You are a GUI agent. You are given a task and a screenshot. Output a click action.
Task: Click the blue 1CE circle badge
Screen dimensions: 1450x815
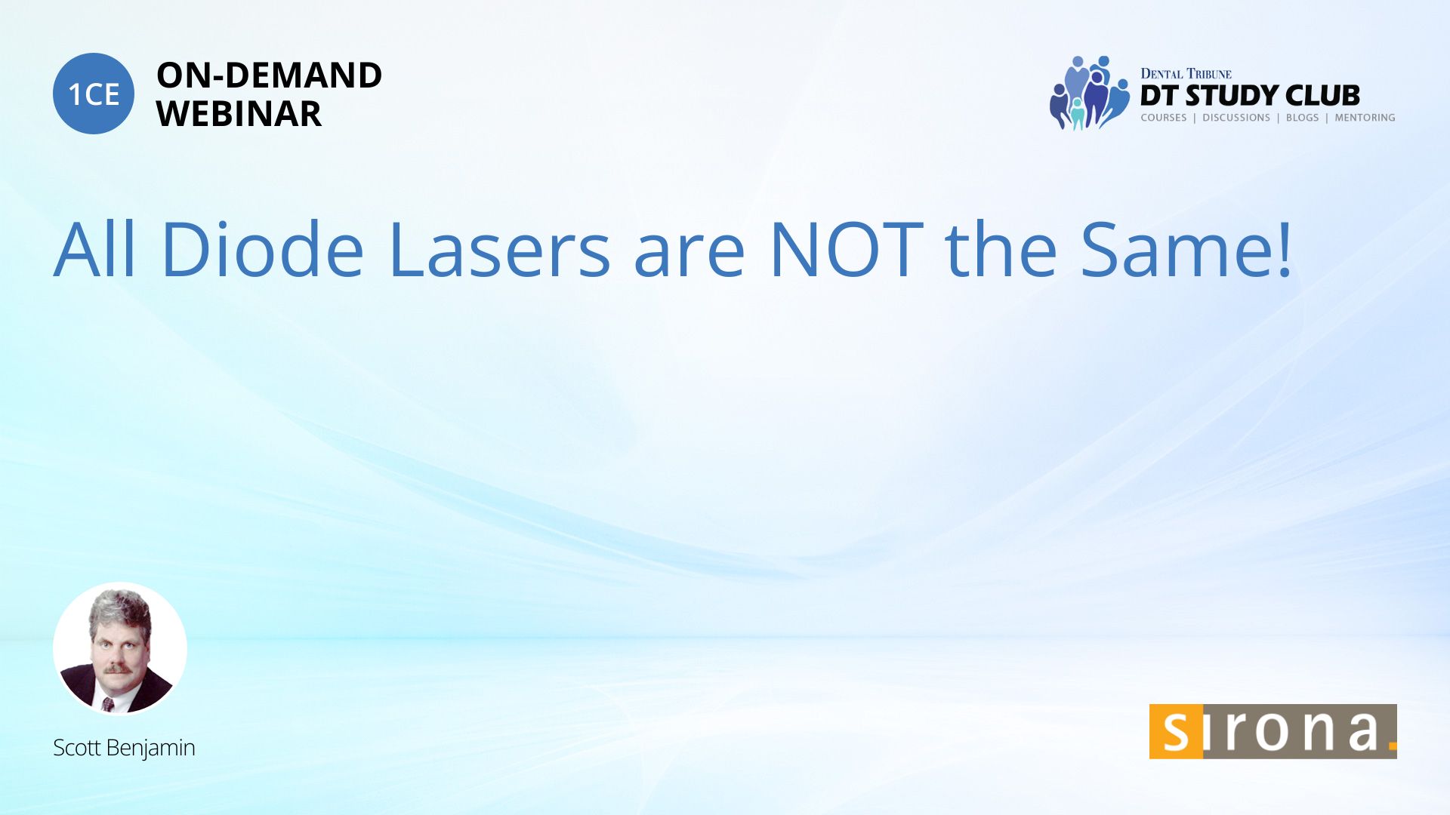pyautogui.click(x=94, y=94)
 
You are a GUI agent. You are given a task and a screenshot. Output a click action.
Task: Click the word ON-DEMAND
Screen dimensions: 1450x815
pyautogui.click(x=269, y=75)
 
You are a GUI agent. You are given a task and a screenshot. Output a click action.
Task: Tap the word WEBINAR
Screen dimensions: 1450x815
pyautogui.click(x=239, y=114)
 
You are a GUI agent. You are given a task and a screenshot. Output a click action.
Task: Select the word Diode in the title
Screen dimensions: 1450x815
pyautogui.click(x=263, y=249)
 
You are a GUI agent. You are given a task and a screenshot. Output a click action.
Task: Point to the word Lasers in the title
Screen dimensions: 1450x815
pyautogui.click(x=499, y=249)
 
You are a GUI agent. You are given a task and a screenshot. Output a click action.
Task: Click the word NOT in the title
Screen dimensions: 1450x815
pyautogui.click(x=847, y=249)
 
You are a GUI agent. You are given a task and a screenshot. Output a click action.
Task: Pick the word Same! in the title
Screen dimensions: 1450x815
pyautogui.click(x=1186, y=249)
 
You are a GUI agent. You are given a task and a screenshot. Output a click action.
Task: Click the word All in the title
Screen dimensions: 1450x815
pyautogui.click(x=95, y=249)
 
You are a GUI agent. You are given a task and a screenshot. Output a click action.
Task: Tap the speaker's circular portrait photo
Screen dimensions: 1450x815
pyautogui.click(x=120, y=648)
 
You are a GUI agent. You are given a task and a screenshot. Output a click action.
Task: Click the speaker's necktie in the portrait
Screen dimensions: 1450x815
pyautogui.click(x=108, y=704)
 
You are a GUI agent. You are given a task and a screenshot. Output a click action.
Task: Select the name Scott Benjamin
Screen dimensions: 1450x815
pyautogui.click(x=124, y=748)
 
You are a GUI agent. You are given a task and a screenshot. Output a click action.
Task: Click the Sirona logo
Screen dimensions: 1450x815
pyautogui.click(x=1273, y=731)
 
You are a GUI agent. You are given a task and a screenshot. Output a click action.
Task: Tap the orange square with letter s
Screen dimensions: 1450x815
pyautogui.click(x=1176, y=731)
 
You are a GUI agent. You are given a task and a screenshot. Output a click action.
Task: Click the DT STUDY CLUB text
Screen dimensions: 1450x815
pyautogui.click(x=1250, y=96)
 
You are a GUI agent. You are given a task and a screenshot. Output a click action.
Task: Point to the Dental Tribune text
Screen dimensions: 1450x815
pyautogui.click(x=1186, y=74)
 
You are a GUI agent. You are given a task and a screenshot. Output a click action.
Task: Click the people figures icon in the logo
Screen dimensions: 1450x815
pyautogui.click(x=1090, y=93)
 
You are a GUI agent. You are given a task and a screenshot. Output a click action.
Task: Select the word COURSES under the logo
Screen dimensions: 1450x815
pyautogui.click(x=1164, y=118)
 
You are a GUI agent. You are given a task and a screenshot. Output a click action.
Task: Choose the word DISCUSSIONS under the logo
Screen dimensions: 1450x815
pyautogui.click(x=1236, y=118)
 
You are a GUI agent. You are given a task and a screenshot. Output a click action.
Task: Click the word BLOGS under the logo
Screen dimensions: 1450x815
pyautogui.click(x=1302, y=118)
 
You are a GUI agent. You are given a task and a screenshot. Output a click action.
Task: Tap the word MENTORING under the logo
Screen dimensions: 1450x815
pyautogui.click(x=1365, y=118)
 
